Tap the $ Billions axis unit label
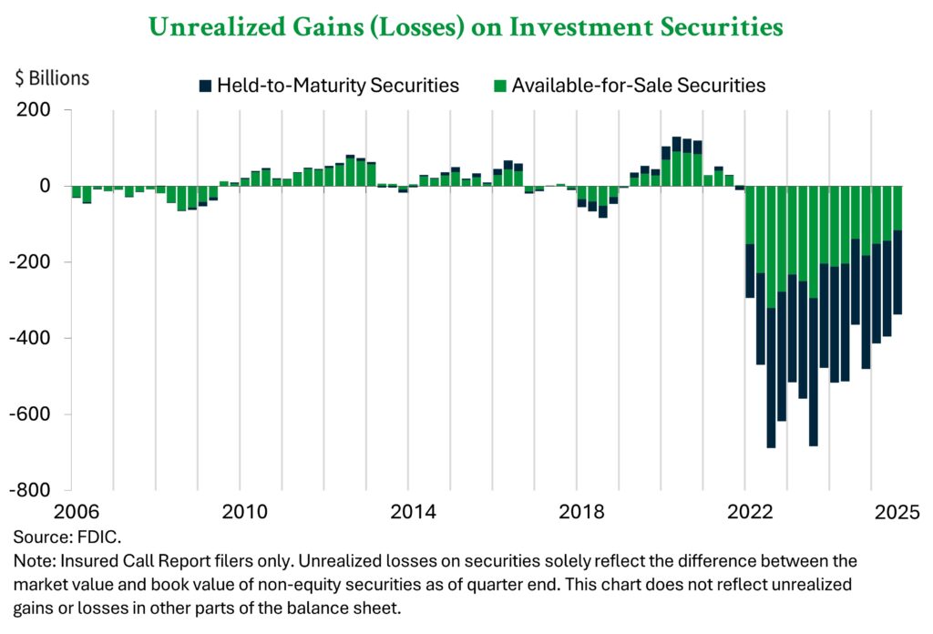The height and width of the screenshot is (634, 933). point(52,78)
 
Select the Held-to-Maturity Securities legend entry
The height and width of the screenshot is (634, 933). point(338,86)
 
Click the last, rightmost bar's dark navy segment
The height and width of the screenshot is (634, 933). point(897,273)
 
